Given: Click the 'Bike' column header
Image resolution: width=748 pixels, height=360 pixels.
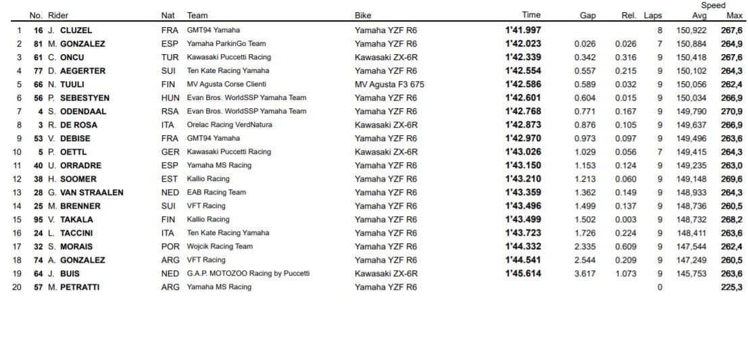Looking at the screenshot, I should tap(363, 16).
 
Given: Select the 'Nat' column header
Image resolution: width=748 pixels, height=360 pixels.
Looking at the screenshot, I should tap(168, 16).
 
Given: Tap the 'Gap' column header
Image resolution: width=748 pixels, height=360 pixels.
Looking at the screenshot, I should tap(587, 16).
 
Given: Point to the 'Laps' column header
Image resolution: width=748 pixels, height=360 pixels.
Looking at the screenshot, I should tap(653, 16).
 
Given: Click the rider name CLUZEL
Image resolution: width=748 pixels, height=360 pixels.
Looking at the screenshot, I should tap(76, 30).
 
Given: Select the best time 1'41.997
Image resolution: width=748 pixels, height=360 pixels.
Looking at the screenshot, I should tap(522, 30).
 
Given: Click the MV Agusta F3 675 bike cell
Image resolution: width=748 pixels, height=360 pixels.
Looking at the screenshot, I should tap(389, 84).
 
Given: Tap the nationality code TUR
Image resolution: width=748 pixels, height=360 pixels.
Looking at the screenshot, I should tap(170, 57).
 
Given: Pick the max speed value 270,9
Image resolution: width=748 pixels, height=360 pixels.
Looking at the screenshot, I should tap(731, 111).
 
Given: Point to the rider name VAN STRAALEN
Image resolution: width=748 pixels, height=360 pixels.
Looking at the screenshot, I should tap(92, 192).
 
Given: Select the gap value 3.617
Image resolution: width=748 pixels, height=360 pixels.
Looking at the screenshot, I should tap(584, 274).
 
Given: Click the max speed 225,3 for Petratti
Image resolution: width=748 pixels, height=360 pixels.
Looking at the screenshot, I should tap(731, 287).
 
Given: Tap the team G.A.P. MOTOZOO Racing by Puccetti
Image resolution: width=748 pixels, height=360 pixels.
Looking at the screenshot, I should tap(248, 274).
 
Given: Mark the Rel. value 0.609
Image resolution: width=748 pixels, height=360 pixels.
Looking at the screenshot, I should tap(625, 247).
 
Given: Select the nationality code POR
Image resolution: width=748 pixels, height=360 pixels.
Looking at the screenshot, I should tap(170, 247).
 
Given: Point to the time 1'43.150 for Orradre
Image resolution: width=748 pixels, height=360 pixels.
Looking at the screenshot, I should tap(522, 165).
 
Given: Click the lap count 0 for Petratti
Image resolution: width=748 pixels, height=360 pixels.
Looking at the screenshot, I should tap(659, 287).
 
